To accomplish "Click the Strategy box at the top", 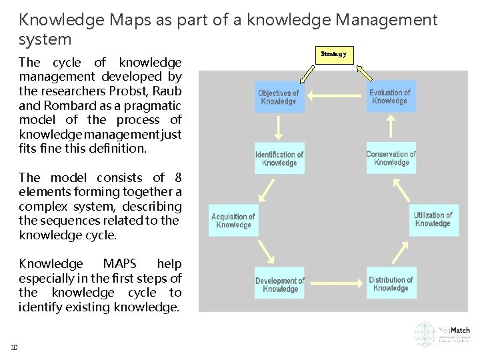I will tap(333, 54).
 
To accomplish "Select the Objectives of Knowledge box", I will tap(279, 97).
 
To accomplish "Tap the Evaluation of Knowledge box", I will tap(390, 97).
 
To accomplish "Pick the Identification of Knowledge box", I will tap(279, 159).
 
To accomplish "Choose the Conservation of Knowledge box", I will tap(391, 158).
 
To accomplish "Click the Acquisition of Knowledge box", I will tap(233, 221).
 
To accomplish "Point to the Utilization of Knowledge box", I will tap(433, 219).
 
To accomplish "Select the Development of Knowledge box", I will tap(280, 285).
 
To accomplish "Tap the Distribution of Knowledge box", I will tap(391, 284).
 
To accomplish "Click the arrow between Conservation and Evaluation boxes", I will tap(391, 127).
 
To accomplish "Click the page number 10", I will tap(14, 347).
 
